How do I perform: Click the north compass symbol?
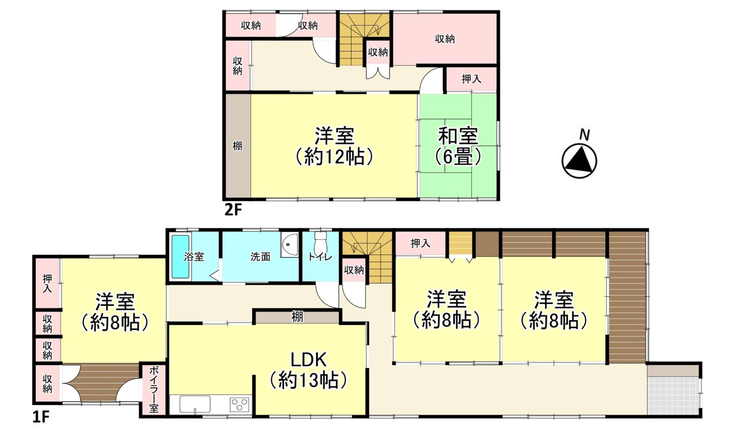click(x=579, y=161)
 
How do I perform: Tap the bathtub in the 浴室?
click(x=180, y=256)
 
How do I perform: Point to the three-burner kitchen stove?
click(x=240, y=404)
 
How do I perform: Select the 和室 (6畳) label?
click(x=458, y=146)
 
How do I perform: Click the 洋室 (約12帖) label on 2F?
click(x=334, y=146)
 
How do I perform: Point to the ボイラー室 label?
click(x=154, y=389)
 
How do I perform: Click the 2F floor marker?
click(x=233, y=210)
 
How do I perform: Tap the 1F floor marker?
click(x=41, y=417)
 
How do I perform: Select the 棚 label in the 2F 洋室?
click(x=237, y=146)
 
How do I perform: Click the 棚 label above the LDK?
click(x=297, y=317)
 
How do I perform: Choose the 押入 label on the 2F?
click(x=471, y=79)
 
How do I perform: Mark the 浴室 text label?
click(x=194, y=257)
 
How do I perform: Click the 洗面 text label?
click(x=261, y=257)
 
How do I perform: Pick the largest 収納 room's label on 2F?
click(x=445, y=39)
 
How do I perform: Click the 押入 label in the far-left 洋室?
click(x=47, y=284)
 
